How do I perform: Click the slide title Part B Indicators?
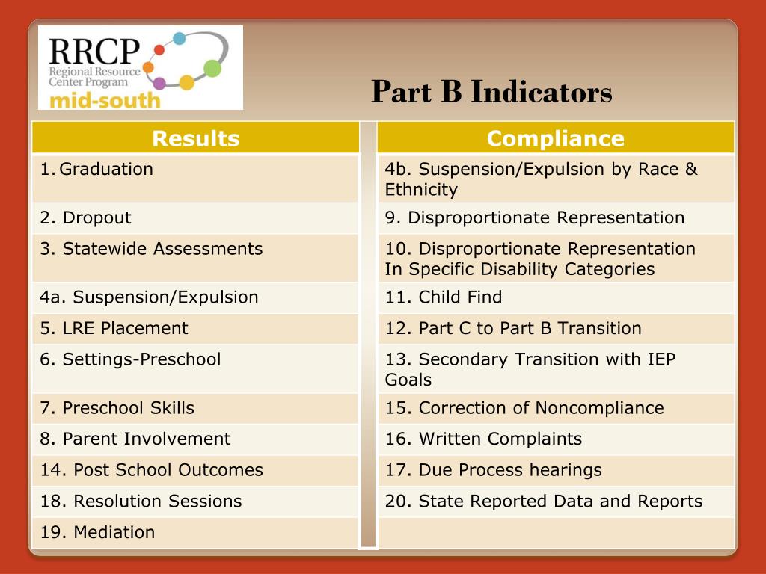coord(491,92)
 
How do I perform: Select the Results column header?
coord(195,138)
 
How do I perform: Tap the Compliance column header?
coord(555,138)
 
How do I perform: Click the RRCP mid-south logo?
coord(141,68)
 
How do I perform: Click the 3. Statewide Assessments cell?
coord(151,249)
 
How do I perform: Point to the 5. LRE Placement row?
coord(114,328)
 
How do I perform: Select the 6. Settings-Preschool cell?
coord(130,359)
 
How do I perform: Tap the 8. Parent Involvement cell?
coord(135,439)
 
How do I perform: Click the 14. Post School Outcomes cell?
coord(151,470)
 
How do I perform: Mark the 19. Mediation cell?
coord(97,532)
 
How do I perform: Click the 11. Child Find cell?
coord(444,297)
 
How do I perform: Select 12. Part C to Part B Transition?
coord(513,328)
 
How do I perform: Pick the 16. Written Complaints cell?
coord(483,439)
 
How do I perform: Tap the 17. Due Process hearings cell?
coord(493,470)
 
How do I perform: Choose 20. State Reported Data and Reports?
coord(544,501)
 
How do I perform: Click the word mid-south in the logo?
coord(104,99)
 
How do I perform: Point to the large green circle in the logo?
coord(212,68)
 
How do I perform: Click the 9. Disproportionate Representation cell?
coord(535,218)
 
